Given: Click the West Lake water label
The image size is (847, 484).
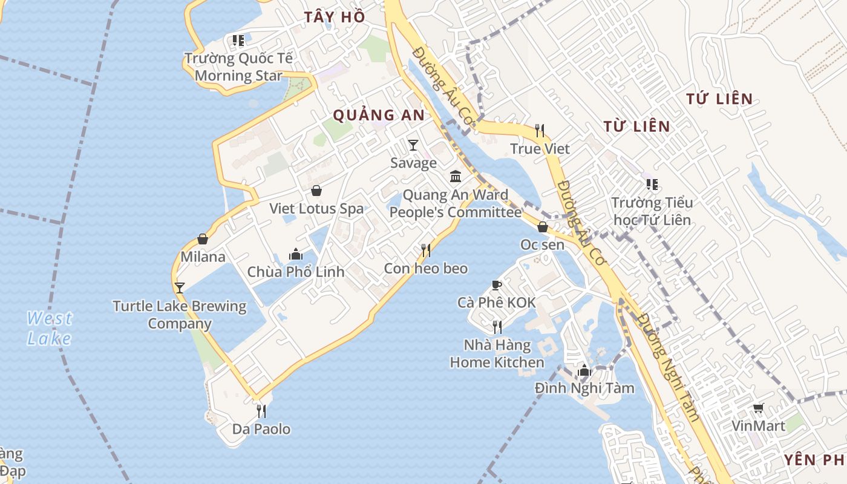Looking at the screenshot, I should pyautogui.click(x=50, y=328).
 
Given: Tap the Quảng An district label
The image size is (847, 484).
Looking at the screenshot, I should pyautogui.click(x=379, y=115).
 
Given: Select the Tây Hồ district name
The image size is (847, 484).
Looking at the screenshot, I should pyautogui.click(x=335, y=17).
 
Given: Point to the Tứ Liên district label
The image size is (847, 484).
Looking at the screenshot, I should pyautogui.click(x=720, y=99).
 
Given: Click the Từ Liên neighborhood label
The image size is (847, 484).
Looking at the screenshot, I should pyautogui.click(x=637, y=126).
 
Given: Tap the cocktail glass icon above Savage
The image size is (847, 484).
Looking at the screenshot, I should pyautogui.click(x=413, y=145).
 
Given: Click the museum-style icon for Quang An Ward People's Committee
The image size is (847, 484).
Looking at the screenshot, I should pyautogui.click(x=456, y=177).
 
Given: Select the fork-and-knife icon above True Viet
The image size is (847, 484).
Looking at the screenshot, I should pyautogui.click(x=540, y=130).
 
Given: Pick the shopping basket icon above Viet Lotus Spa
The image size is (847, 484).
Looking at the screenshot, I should pyautogui.click(x=316, y=191).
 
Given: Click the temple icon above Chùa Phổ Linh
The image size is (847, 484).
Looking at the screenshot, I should pyautogui.click(x=296, y=254).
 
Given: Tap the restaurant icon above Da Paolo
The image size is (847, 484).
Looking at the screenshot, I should pyautogui.click(x=261, y=411).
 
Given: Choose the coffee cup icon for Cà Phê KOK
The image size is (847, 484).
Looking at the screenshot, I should pyautogui.click(x=497, y=285).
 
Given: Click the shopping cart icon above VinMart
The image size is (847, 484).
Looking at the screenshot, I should pyautogui.click(x=758, y=408).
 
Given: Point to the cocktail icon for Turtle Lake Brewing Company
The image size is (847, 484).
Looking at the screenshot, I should pyautogui.click(x=179, y=287).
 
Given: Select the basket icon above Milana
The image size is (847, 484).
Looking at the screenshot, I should pyautogui.click(x=203, y=240).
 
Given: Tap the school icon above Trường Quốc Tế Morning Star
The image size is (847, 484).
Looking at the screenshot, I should pyautogui.click(x=238, y=41).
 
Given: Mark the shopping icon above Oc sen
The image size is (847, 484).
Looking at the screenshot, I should pyautogui.click(x=543, y=227).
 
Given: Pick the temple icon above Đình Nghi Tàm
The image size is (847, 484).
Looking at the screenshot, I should pyautogui.click(x=584, y=370).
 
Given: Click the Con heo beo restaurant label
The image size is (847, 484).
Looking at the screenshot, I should pyautogui.click(x=426, y=268).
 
